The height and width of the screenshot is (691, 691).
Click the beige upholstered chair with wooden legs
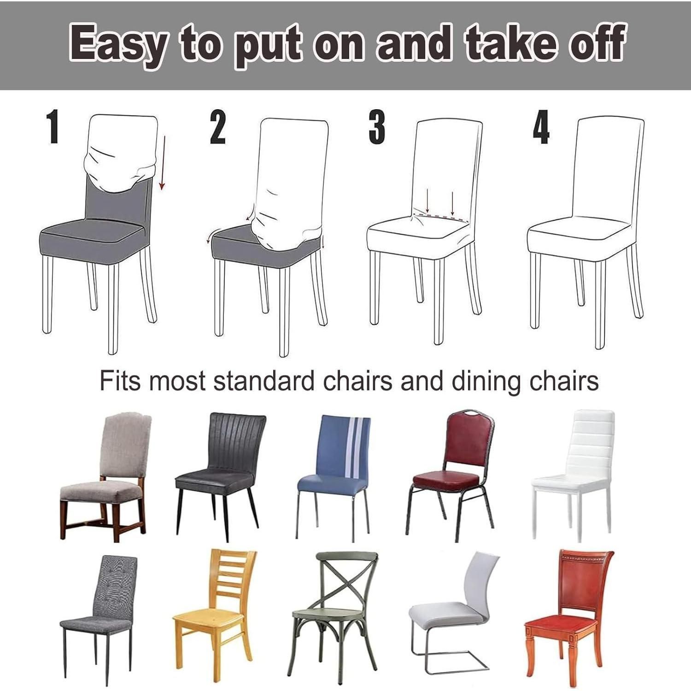pos(105,475)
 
